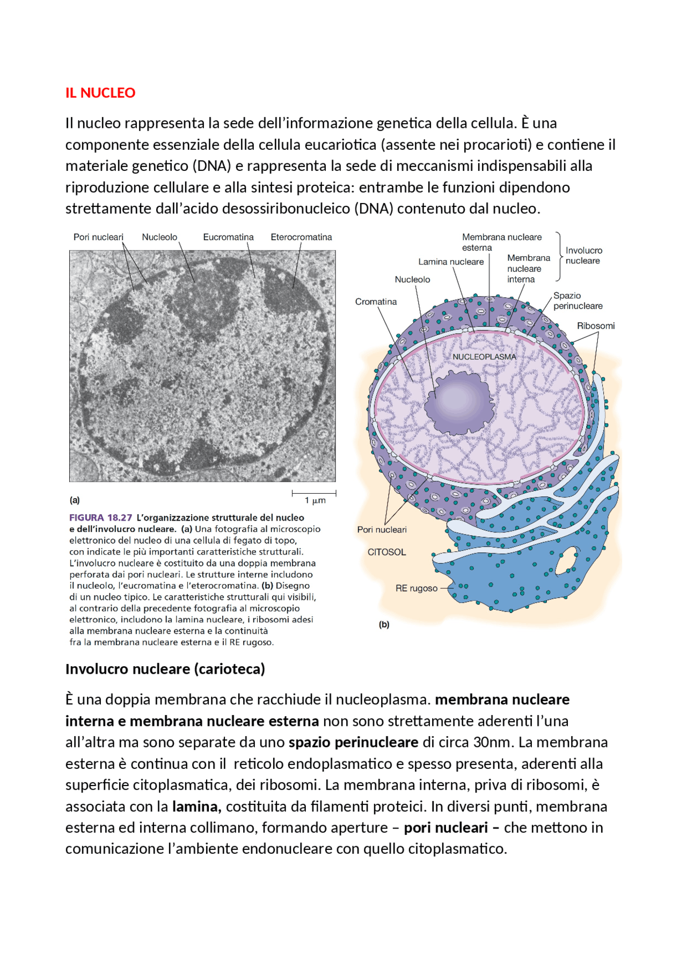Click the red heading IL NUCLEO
coord(100,93)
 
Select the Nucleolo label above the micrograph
coord(159,237)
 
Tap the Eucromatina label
coord(228,237)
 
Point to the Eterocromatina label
coord(301,237)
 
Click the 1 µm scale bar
coord(314,493)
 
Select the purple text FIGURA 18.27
coord(100,517)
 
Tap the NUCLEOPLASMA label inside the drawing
coord(484,357)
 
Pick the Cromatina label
coord(376,301)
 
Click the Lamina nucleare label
coord(451,262)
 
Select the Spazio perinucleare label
coord(578,301)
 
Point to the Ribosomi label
coord(596,326)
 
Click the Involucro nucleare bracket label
coord(584,256)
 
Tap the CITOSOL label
coord(386,552)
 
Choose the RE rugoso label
coord(416,588)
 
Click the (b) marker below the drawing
coord(384,624)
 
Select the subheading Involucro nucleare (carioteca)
coord(165,669)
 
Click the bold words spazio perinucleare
coord(353,743)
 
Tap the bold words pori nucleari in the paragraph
coord(445,827)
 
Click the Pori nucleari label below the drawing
coord(382,529)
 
